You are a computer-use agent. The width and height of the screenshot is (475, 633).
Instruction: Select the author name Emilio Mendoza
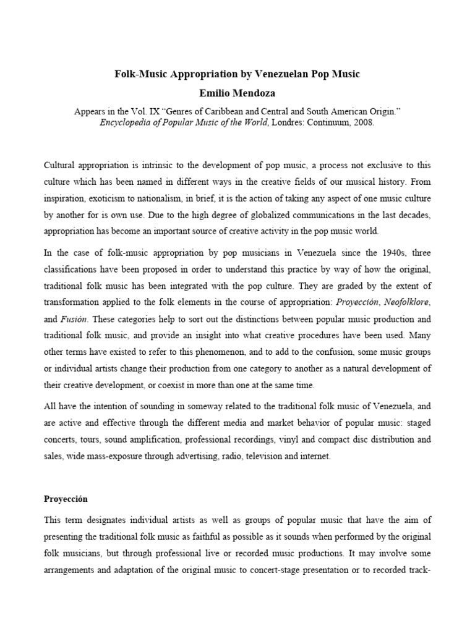point(237,93)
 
